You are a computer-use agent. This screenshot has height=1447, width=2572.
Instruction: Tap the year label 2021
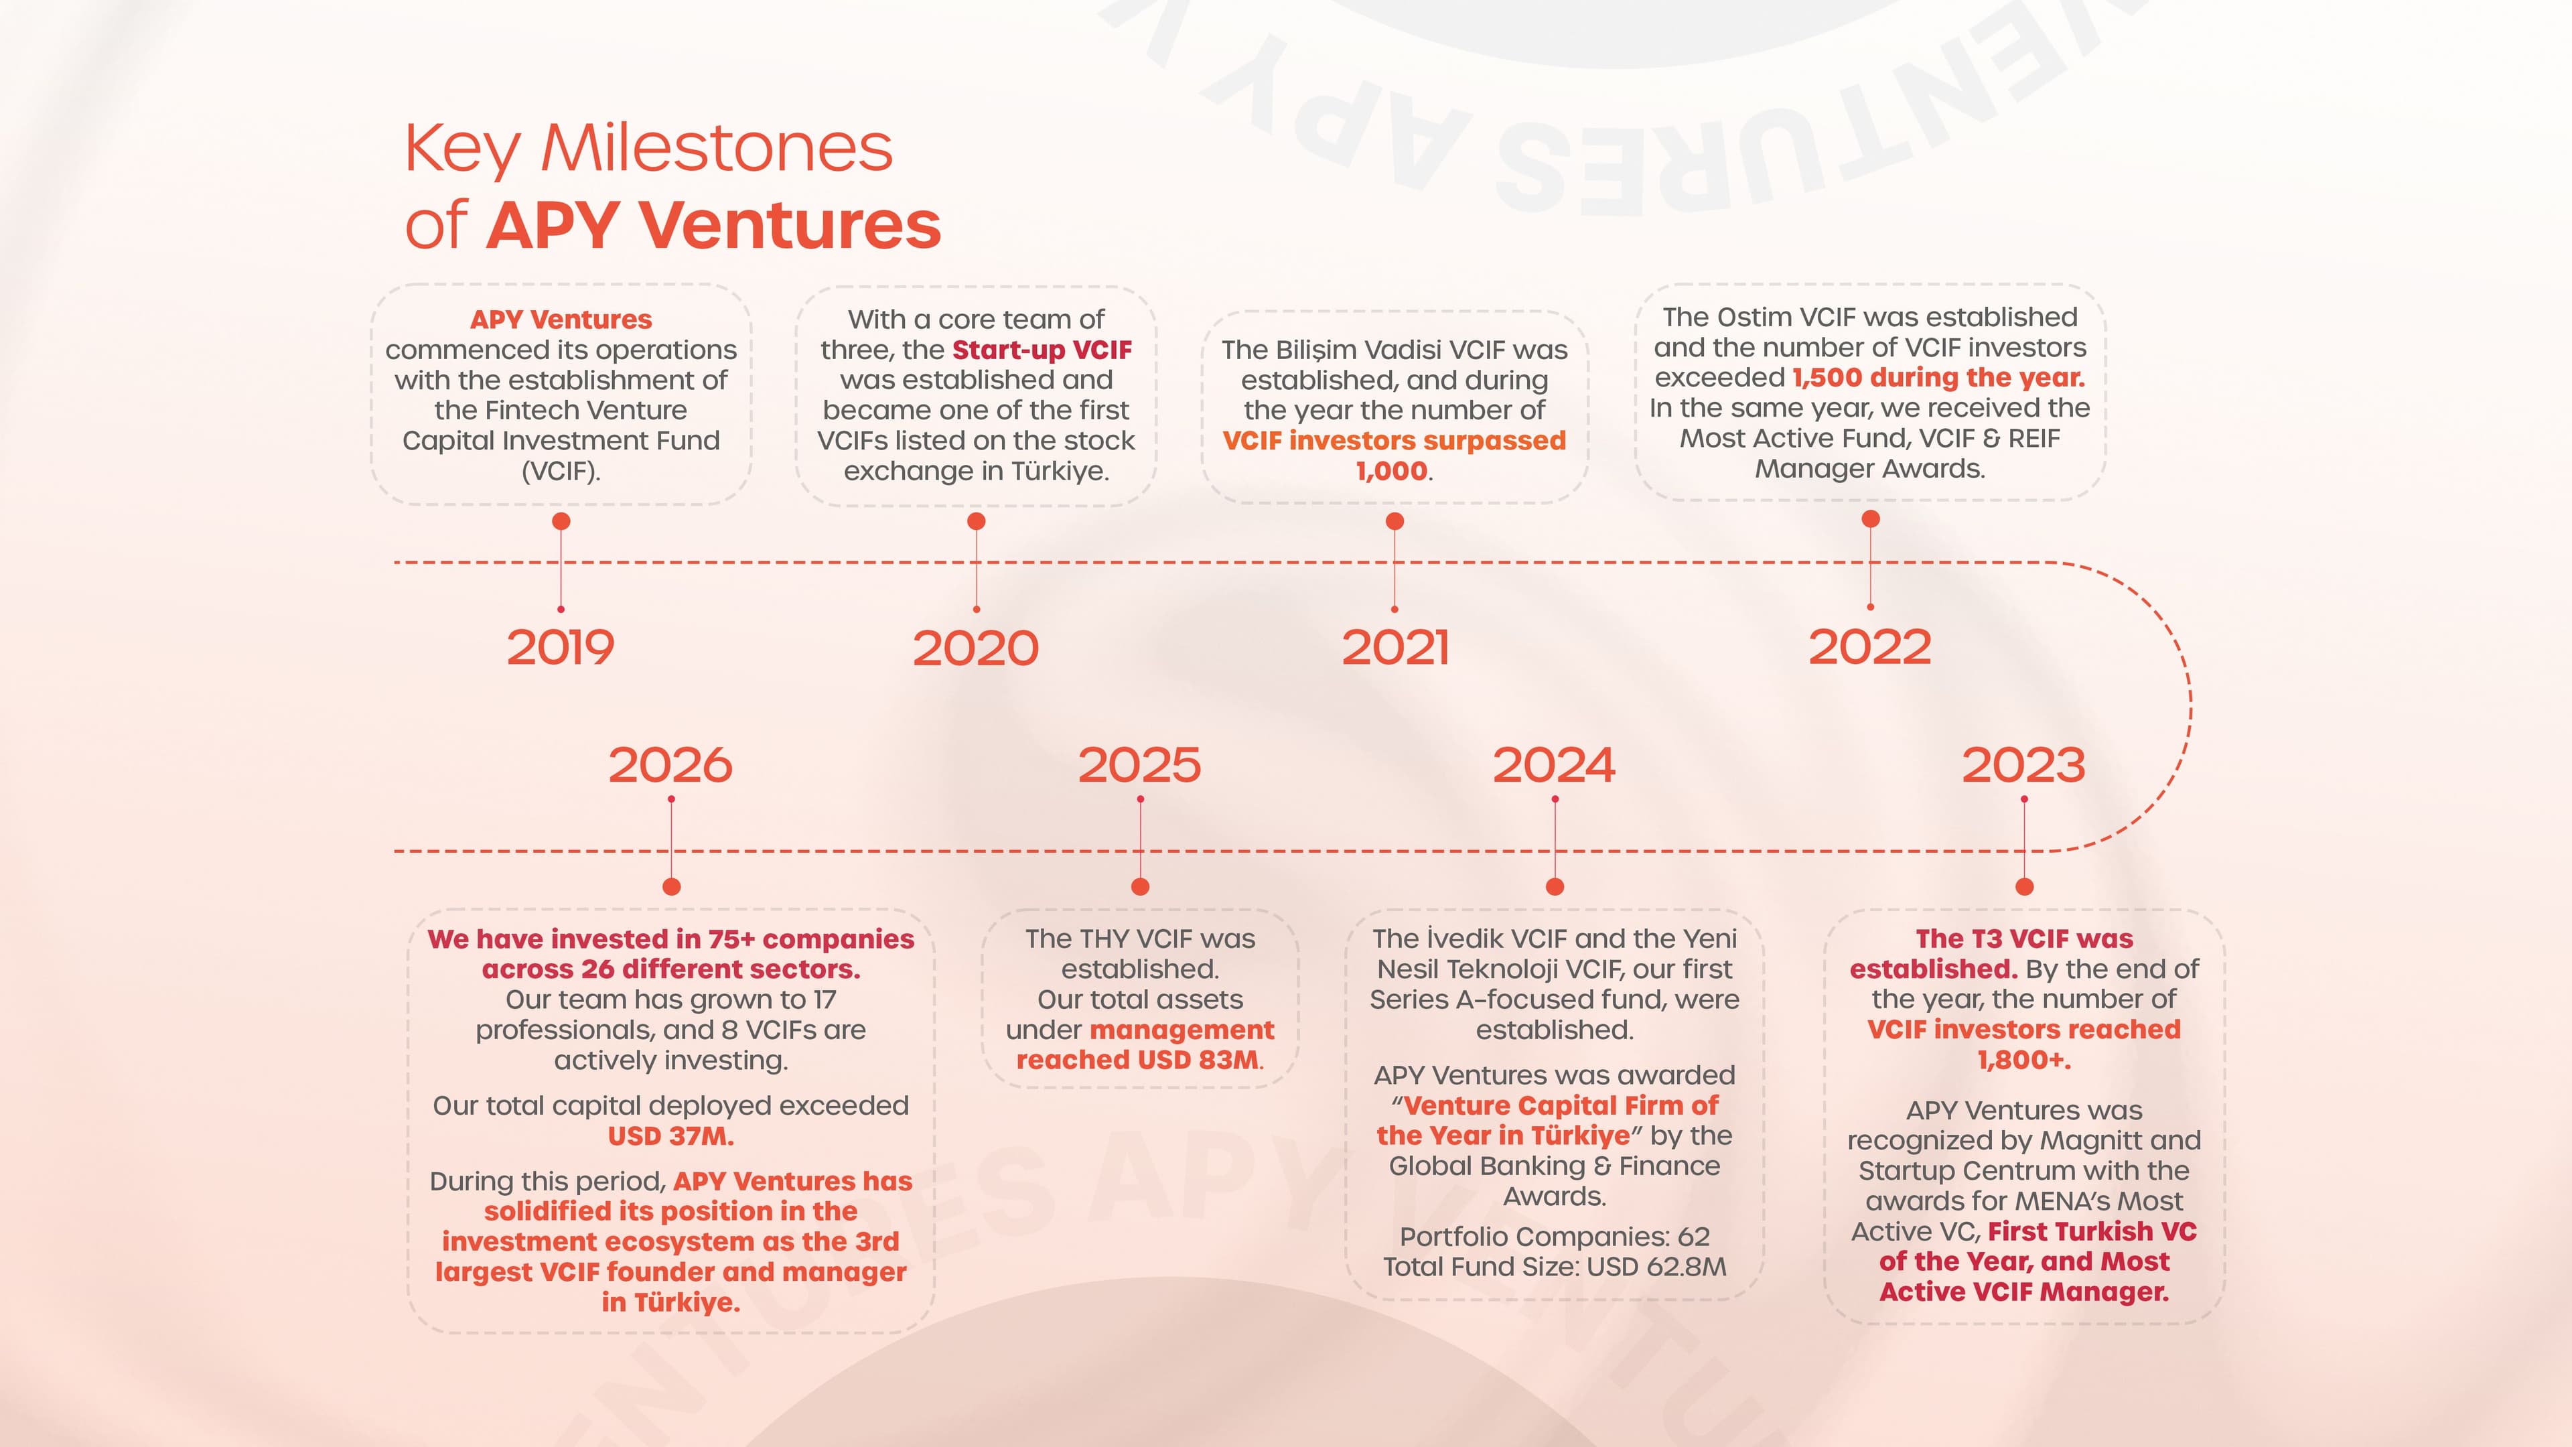1395,647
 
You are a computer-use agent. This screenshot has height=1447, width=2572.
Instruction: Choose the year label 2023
2024,765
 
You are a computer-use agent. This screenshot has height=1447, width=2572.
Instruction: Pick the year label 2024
1554,765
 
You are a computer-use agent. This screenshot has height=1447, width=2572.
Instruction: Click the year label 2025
1139,765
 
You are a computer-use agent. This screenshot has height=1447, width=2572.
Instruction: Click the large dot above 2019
561,521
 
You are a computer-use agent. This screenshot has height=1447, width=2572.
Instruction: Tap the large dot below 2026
672,887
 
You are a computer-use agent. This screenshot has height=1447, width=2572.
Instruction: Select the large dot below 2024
1555,887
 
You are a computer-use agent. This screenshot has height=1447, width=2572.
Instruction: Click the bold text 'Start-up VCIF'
1042,350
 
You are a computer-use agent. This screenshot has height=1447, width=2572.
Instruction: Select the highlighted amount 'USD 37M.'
671,1135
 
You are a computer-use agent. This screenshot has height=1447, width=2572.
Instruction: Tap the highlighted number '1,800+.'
2024,1060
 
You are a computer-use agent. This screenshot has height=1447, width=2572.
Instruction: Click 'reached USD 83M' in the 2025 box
1138,1060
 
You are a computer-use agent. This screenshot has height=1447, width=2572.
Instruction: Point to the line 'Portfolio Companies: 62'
1555,1236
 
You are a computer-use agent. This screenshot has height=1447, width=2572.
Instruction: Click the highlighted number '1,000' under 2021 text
1392,472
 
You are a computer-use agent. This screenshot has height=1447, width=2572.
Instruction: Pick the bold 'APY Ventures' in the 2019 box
561,320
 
